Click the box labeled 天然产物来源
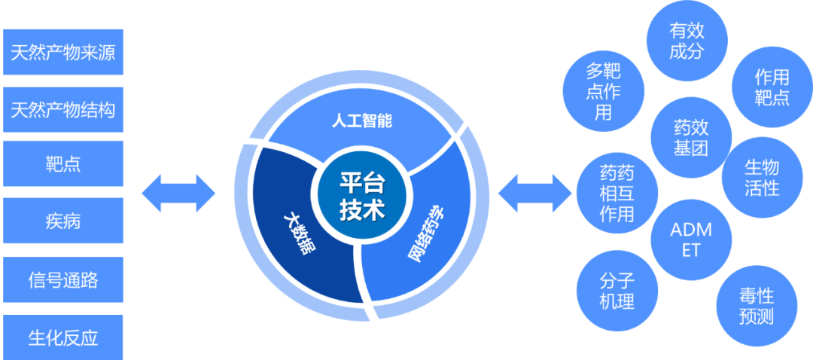(63, 53)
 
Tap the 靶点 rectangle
(63, 163)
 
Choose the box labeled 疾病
(63, 221)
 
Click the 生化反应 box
(63, 337)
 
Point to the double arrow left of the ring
(178, 193)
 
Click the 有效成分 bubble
(687, 41)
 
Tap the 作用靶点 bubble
(772, 87)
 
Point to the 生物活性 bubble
(761, 177)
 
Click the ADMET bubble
(690, 239)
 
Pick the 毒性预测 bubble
(755, 305)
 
